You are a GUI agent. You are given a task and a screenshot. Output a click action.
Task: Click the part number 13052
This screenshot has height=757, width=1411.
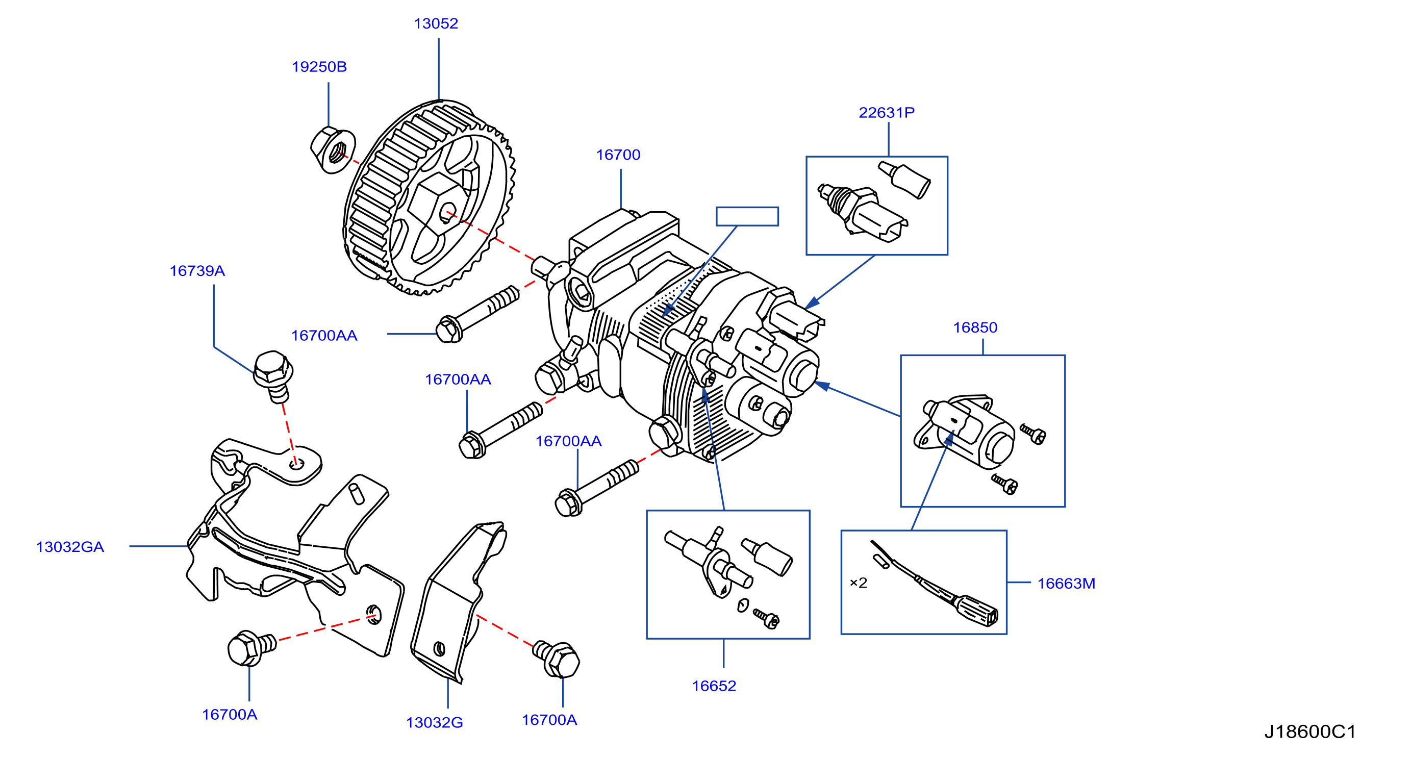(x=436, y=23)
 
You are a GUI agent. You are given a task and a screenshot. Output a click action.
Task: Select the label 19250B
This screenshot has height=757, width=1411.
(x=319, y=67)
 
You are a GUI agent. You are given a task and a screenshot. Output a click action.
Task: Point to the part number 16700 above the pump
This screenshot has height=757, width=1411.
(x=618, y=155)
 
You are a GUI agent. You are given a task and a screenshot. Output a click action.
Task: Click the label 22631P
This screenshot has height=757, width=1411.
(x=886, y=113)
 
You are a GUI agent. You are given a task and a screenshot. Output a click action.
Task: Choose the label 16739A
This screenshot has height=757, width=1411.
(x=197, y=271)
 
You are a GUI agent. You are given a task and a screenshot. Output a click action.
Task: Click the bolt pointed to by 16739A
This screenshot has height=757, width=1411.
(x=273, y=376)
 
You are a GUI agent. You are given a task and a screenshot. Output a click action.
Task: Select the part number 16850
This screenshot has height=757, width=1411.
(x=975, y=327)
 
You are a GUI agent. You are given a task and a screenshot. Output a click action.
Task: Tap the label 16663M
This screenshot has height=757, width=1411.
(x=1066, y=584)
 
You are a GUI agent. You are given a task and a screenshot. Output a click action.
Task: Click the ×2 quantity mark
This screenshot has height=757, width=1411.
(x=859, y=583)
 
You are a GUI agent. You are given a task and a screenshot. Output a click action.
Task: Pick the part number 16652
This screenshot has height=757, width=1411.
(x=714, y=686)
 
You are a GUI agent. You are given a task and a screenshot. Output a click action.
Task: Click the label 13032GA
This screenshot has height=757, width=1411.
(x=69, y=547)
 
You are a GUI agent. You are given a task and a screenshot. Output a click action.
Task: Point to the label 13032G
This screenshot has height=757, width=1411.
(x=434, y=723)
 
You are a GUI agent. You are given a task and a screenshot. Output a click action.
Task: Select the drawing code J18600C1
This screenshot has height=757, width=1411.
(x=1309, y=733)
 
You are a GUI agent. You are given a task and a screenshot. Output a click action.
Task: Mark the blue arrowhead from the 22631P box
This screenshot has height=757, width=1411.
(x=812, y=303)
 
